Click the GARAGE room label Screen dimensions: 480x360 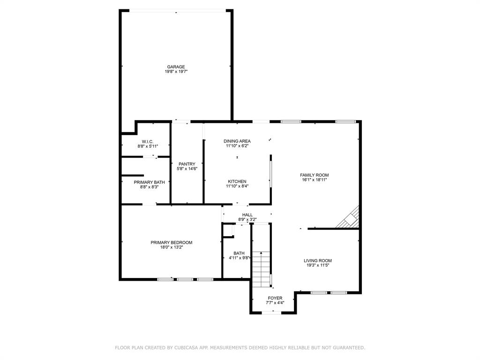[x=176, y=67]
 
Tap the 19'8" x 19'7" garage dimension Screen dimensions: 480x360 [x=176, y=72]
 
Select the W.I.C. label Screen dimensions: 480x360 [x=148, y=142]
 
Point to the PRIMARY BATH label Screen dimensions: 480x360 [x=149, y=182]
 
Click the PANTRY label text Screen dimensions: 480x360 [x=187, y=164]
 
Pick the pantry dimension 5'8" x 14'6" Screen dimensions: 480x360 [x=187, y=169]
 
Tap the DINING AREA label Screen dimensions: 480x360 [x=237, y=141]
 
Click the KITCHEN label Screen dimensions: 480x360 [x=237, y=181]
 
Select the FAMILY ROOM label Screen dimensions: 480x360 [x=315, y=175]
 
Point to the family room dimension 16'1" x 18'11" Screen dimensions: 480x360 [x=315, y=180]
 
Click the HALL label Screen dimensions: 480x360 [x=247, y=215]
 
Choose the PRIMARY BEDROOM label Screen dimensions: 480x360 [x=172, y=242]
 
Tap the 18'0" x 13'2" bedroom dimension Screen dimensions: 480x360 [x=172, y=247]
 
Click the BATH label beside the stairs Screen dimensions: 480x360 [x=239, y=253]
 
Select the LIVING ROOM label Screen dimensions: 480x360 [x=318, y=261]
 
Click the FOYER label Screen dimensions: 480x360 [x=275, y=298]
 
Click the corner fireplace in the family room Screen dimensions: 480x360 [x=349, y=218]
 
